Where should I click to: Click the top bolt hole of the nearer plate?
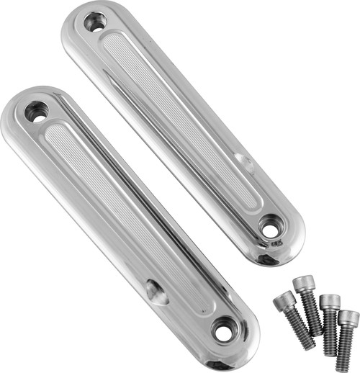[35, 112]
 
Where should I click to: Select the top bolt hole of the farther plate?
[94, 22]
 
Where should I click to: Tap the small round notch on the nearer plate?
[156, 292]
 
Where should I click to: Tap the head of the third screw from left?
[330, 301]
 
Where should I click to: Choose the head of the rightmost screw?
[348, 318]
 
